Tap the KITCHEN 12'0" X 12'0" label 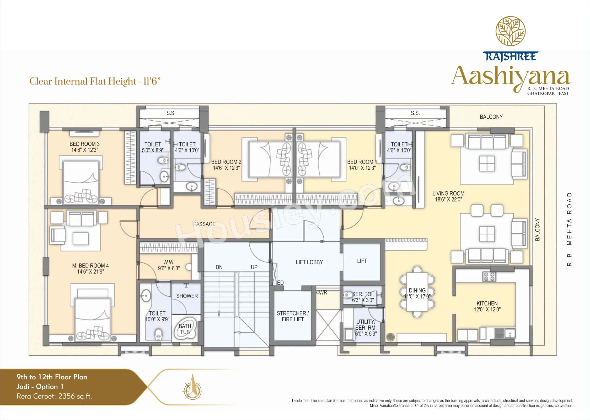pos(487,306)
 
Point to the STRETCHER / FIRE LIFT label pos(293,316)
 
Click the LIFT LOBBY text pos(309,262)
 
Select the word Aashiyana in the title pos(510,76)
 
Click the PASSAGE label pos(204,224)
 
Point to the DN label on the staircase pos(219,267)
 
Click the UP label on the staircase pos(254,267)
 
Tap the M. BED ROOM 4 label pos(90,268)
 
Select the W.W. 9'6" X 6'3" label pos(169,265)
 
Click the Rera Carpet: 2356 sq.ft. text pos(54,396)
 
